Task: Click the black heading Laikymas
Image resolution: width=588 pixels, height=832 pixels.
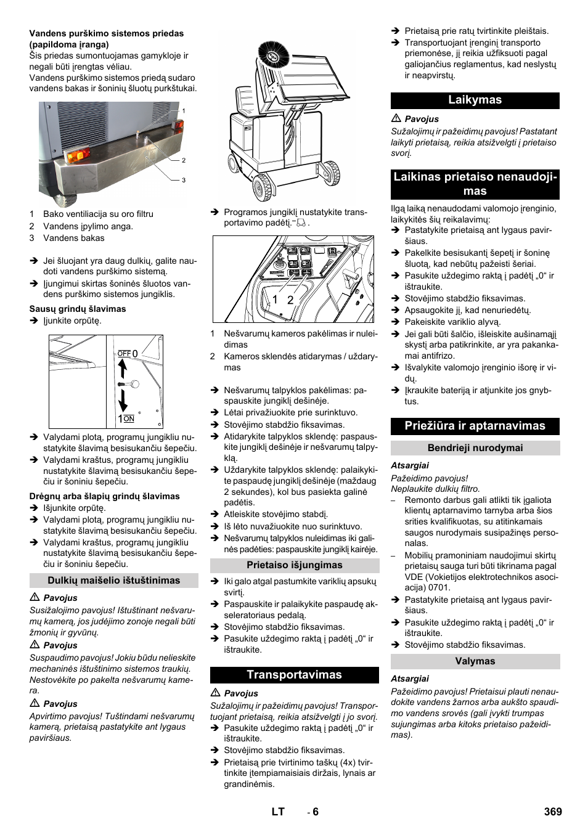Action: coord(475,100)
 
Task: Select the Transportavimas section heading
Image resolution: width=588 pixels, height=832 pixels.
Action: coord(294,675)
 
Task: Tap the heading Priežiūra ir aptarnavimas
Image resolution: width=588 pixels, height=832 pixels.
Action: coord(475,426)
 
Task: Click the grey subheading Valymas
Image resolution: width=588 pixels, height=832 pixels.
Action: coord(475,661)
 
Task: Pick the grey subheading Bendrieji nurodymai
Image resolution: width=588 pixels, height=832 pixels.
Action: coord(475,448)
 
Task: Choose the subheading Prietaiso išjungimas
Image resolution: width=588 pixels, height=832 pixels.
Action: coord(294,565)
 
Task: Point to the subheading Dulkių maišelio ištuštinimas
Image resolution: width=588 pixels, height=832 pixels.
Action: coord(114,581)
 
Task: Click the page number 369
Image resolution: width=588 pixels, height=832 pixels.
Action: coord(552,812)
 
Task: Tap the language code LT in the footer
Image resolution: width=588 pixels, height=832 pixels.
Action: coord(278,812)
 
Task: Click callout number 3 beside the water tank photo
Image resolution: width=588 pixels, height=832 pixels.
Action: coord(184,180)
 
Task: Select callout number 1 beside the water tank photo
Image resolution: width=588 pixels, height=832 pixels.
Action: coord(184,111)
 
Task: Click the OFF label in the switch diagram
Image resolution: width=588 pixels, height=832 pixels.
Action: coord(124,354)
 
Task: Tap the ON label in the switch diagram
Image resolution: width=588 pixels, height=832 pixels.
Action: coord(129,419)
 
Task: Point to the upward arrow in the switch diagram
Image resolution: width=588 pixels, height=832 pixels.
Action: coord(123,369)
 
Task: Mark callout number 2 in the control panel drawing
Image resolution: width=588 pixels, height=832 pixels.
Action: coord(290,300)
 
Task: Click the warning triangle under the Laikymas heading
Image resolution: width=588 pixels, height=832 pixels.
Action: coord(396,118)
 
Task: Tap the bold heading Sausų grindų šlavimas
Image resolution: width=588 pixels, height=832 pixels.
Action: coord(78,309)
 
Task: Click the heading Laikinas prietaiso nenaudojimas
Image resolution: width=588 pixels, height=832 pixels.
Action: coord(475,184)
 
